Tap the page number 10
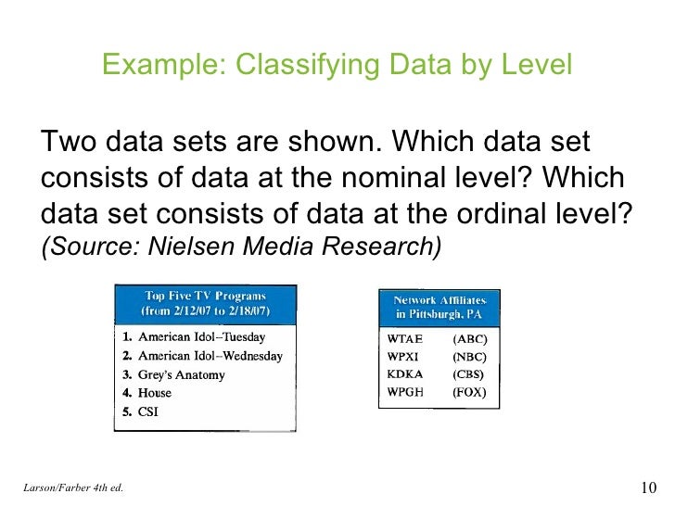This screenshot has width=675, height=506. click(x=648, y=488)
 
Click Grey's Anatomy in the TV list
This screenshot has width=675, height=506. click(x=181, y=374)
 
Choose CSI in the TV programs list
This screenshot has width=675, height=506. click(x=147, y=411)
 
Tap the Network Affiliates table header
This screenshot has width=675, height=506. click(x=440, y=308)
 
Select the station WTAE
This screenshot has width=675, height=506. click(x=405, y=338)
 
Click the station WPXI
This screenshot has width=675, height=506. click(x=404, y=356)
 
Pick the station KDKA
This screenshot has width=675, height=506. click(x=405, y=373)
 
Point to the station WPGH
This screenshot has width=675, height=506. click(x=405, y=391)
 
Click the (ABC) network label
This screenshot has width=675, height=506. click(x=469, y=338)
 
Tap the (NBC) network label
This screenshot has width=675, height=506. click(x=469, y=356)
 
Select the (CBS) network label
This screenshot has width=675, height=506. click(x=469, y=373)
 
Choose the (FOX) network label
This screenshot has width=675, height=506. click(x=469, y=391)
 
